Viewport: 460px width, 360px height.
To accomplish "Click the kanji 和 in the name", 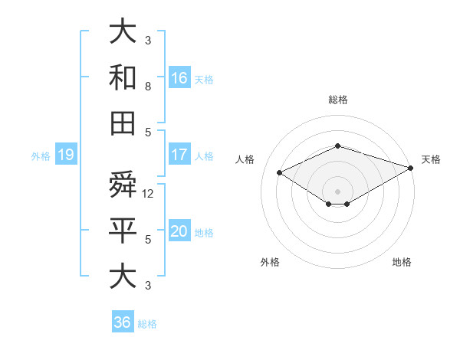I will coord(123,77).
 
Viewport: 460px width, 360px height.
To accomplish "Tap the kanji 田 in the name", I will coord(123,123).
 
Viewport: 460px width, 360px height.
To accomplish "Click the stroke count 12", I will coord(149,194).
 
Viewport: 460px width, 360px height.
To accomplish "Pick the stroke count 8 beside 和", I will coord(148,86).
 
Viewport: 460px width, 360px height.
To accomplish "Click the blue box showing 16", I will coord(179,77).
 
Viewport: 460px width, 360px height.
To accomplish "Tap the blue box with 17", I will coord(179,155).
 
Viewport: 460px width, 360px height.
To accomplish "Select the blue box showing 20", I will coord(179,232).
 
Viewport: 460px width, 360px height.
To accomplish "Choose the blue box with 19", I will coord(65,155).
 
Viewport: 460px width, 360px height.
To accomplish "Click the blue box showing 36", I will coord(123,322).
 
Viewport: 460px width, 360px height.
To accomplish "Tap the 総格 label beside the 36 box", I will coord(147,324).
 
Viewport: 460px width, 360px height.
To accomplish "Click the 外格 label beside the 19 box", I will coord(41,156).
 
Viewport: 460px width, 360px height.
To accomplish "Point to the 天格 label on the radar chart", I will coord(431,159).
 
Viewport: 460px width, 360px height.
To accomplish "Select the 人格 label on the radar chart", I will coord(245,159).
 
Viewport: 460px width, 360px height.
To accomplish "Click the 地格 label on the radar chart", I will coord(402,262).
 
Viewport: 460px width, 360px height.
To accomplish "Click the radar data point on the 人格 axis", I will coord(279,172).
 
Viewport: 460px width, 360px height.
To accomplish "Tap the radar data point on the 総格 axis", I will coord(337,146).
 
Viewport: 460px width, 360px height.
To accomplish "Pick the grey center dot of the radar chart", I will coord(337,191).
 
